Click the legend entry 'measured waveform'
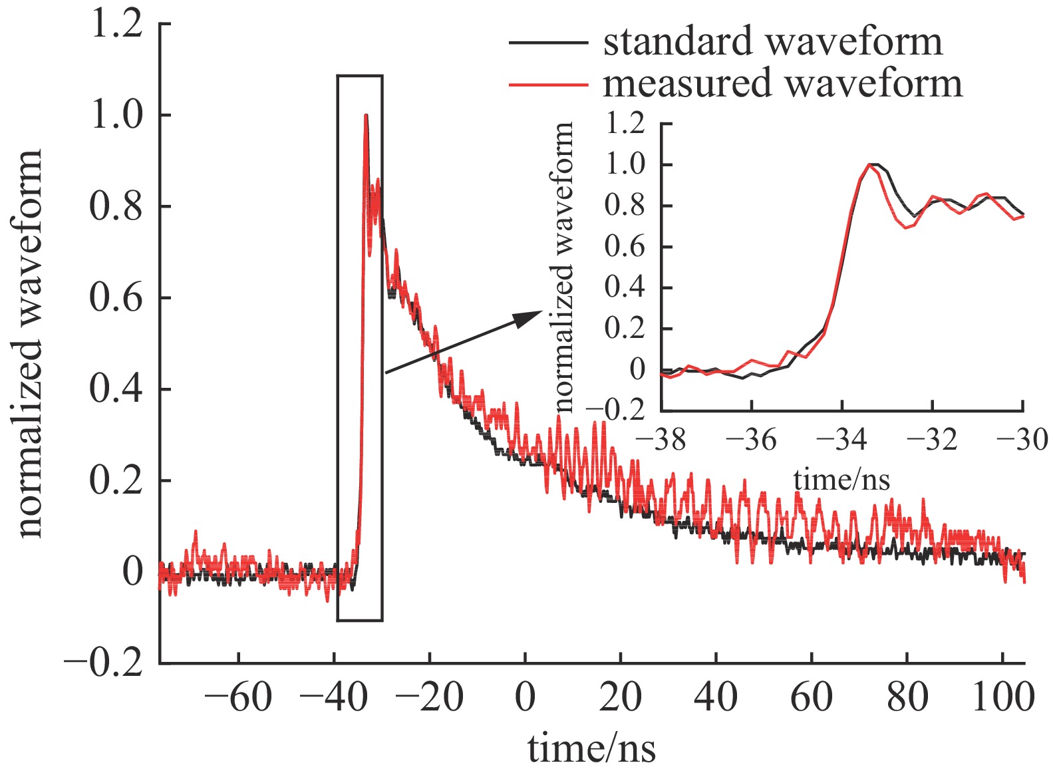click(x=782, y=84)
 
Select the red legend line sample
click(x=548, y=84)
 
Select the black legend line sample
click(x=548, y=42)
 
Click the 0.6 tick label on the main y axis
click(x=116, y=298)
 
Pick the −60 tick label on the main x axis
click(x=238, y=698)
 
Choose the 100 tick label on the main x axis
click(x=1002, y=698)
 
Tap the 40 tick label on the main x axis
click(x=716, y=698)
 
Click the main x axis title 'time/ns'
click(x=591, y=748)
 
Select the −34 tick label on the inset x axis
click(x=841, y=440)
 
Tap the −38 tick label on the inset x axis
click(x=661, y=440)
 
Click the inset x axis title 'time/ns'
click(x=841, y=479)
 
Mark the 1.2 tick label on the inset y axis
click(x=625, y=124)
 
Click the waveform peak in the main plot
click(x=366, y=116)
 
